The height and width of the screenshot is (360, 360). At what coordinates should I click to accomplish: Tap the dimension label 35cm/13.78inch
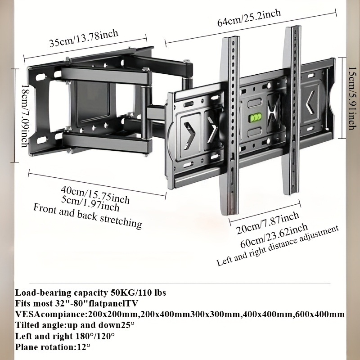click(x=84, y=39)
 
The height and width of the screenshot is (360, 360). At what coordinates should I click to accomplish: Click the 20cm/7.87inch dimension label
click(x=268, y=223)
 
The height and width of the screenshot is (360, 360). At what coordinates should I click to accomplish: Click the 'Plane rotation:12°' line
click(x=53, y=346)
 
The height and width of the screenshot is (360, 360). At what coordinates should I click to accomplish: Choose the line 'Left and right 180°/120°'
click(x=65, y=336)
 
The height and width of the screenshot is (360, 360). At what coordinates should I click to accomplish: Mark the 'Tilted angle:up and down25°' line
click(x=75, y=325)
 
